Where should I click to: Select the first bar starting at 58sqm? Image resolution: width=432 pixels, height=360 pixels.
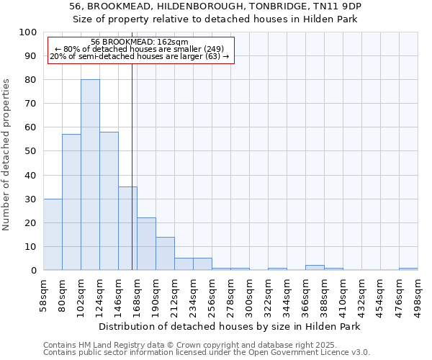pyautogui.click(x=53, y=234)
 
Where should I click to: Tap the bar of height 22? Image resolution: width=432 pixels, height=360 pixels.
pyautogui.click(x=146, y=244)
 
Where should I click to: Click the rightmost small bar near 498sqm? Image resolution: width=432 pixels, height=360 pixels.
pyautogui.click(x=408, y=269)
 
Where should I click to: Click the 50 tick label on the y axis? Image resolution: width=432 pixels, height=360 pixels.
pyautogui.click(x=31, y=151)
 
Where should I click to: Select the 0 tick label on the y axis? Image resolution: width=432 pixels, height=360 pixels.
pyautogui.click(x=34, y=270)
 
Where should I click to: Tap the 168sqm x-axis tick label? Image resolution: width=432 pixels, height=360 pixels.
pyautogui.click(x=137, y=295)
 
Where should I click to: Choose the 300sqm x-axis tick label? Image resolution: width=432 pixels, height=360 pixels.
pyautogui.click(x=249, y=295)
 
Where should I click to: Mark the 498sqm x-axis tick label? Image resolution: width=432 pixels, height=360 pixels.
pyautogui.click(x=418, y=295)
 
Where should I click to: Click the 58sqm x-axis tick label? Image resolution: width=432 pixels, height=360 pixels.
pyautogui.click(x=43, y=295)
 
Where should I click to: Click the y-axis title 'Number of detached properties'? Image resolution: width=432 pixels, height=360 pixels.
pyautogui.click(x=8, y=154)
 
